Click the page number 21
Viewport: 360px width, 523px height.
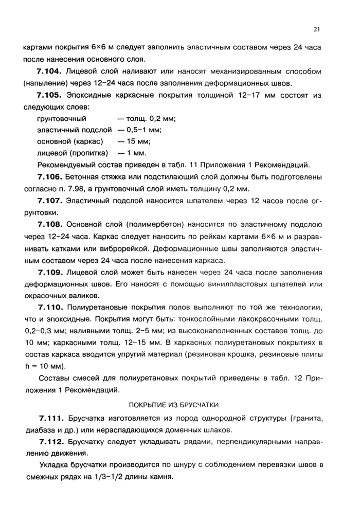point(317,29)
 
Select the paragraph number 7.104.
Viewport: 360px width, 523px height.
point(50,70)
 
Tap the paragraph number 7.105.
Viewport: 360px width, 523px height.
point(50,95)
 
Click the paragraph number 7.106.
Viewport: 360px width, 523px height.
point(50,177)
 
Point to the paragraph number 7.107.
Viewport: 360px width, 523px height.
point(50,201)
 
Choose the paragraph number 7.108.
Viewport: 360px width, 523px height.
point(50,225)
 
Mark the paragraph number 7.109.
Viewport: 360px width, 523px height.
point(50,272)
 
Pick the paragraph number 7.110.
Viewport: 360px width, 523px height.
point(50,308)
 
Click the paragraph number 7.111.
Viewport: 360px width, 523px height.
point(50,418)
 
